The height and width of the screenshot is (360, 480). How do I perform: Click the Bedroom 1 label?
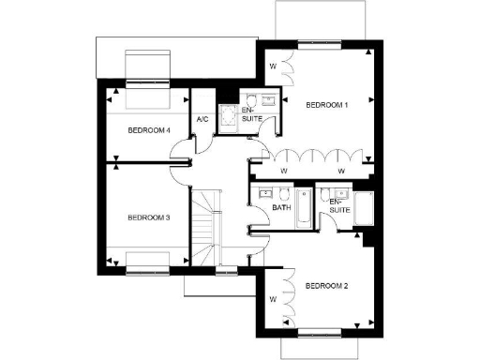(x=327, y=105)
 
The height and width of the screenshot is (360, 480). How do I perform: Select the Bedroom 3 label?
(x=148, y=217)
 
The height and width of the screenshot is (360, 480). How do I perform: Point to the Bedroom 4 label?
(x=148, y=129)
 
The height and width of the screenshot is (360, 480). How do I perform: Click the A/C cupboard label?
(x=202, y=120)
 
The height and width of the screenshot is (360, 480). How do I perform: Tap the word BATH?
(x=279, y=208)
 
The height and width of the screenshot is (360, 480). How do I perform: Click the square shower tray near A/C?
(x=226, y=116)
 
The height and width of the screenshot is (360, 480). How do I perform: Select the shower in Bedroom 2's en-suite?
(x=364, y=208)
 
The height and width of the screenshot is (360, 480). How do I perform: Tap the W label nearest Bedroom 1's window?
(x=273, y=67)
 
